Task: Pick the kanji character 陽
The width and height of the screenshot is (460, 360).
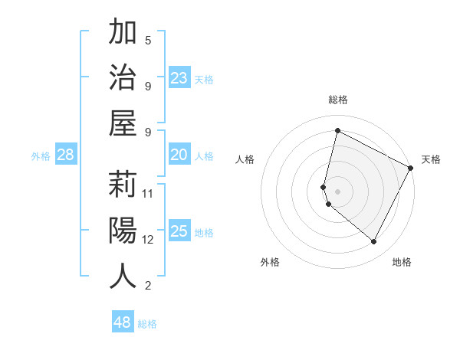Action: pyautogui.click(x=123, y=230)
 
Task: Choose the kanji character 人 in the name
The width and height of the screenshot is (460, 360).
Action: pyautogui.click(x=123, y=276)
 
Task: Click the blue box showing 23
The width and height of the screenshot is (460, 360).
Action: pyautogui.click(x=179, y=77)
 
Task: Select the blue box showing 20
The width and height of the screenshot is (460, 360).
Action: pyautogui.click(x=179, y=155)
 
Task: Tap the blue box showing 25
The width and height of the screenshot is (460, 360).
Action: pyautogui.click(x=179, y=231)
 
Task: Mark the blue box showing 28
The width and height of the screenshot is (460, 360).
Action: pyautogui.click(x=65, y=155)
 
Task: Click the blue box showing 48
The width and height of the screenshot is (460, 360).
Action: pyautogui.click(x=122, y=322)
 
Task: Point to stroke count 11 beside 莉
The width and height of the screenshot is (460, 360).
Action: pyautogui.click(x=148, y=193)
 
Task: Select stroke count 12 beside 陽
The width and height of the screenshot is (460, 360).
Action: pyautogui.click(x=148, y=239)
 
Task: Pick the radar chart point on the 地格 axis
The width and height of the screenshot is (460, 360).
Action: pyautogui.click(x=374, y=242)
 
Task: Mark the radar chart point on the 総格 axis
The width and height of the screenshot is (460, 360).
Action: pyautogui.click(x=337, y=130)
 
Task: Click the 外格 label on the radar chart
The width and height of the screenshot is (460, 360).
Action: pyautogui.click(x=270, y=262)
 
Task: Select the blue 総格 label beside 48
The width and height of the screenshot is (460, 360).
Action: pyautogui.click(x=147, y=324)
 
